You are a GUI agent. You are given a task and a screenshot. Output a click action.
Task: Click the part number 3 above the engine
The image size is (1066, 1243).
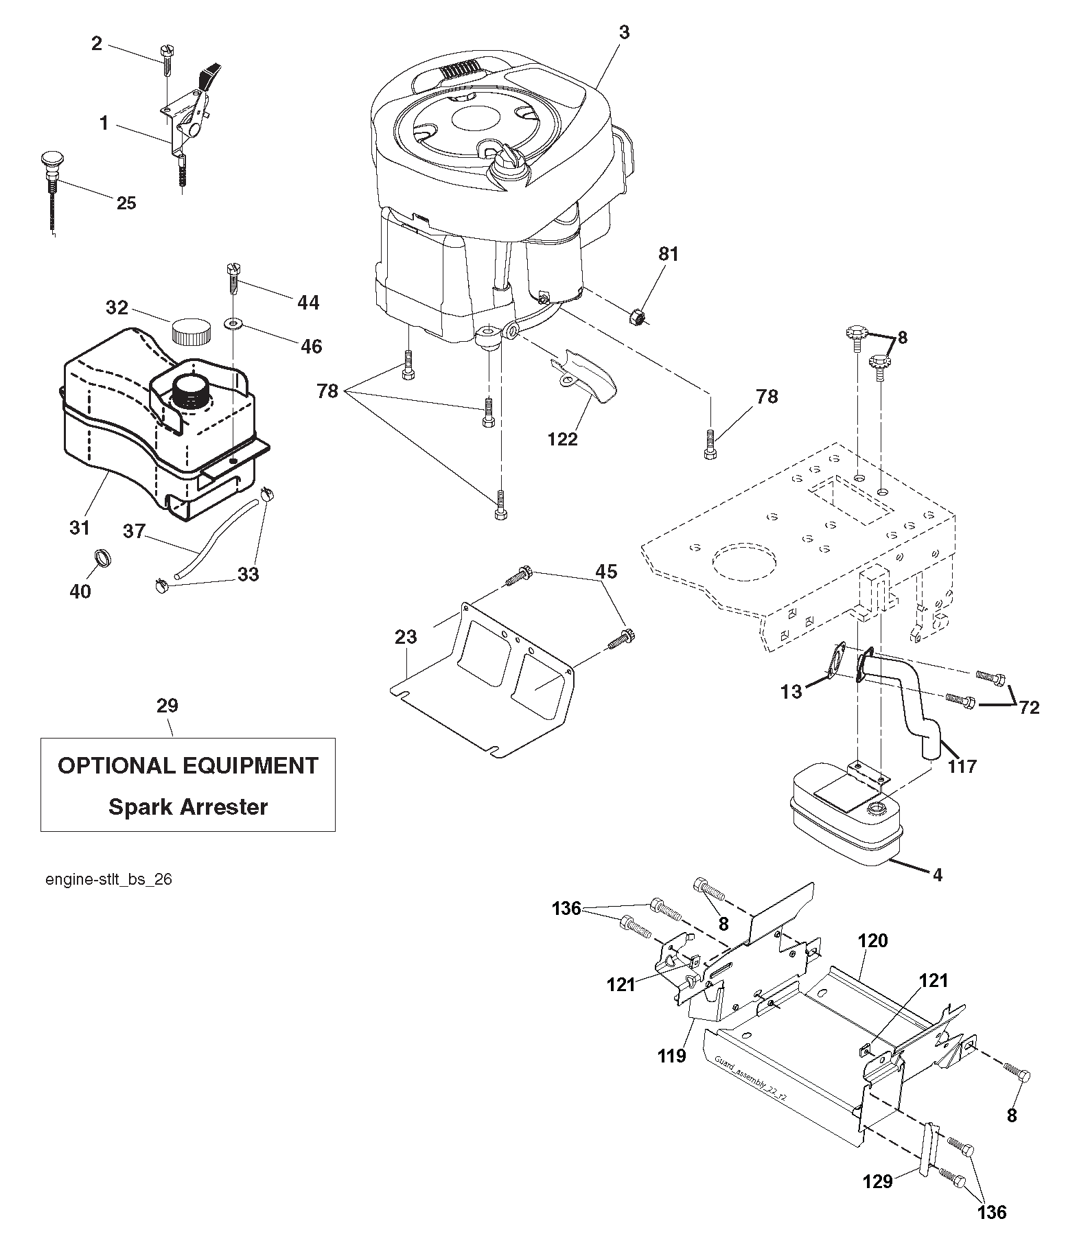(x=623, y=32)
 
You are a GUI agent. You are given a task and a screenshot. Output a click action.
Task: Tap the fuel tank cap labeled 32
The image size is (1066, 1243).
(x=191, y=331)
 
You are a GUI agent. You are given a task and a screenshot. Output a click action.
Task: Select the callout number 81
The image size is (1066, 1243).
(x=668, y=254)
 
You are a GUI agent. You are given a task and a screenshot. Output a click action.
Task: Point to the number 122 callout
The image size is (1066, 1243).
(x=563, y=439)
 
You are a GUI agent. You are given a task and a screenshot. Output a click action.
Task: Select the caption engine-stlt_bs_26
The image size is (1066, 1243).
(x=108, y=880)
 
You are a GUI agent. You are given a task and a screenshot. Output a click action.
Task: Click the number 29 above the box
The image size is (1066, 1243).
(x=167, y=706)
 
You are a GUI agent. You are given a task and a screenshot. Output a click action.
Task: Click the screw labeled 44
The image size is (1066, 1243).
(x=233, y=278)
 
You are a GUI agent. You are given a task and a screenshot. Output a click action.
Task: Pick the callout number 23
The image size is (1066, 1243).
(x=406, y=637)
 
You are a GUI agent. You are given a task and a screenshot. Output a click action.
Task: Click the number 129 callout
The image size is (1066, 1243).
(x=878, y=1181)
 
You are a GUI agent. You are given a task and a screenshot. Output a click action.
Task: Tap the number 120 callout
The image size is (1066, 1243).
(x=872, y=940)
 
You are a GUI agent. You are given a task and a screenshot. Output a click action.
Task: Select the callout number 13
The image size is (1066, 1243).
(x=791, y=691)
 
